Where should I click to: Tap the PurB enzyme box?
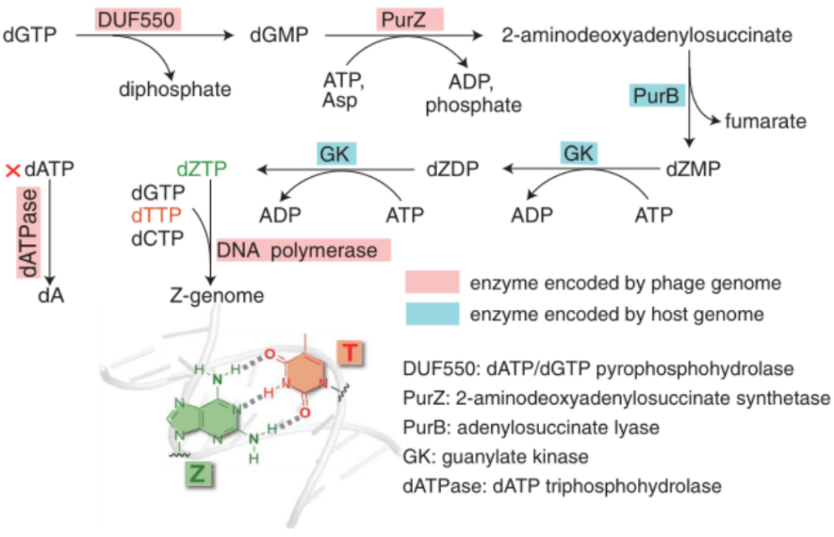[655, 97]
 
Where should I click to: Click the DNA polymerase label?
[303, 250]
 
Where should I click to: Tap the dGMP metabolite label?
[280, 34]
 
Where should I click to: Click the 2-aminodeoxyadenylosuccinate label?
[648, 34]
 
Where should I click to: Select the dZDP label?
[453, 168]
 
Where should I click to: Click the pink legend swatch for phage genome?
[432, 283]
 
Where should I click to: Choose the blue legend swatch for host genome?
[432, 314]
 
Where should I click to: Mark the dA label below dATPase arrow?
[51, 294]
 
